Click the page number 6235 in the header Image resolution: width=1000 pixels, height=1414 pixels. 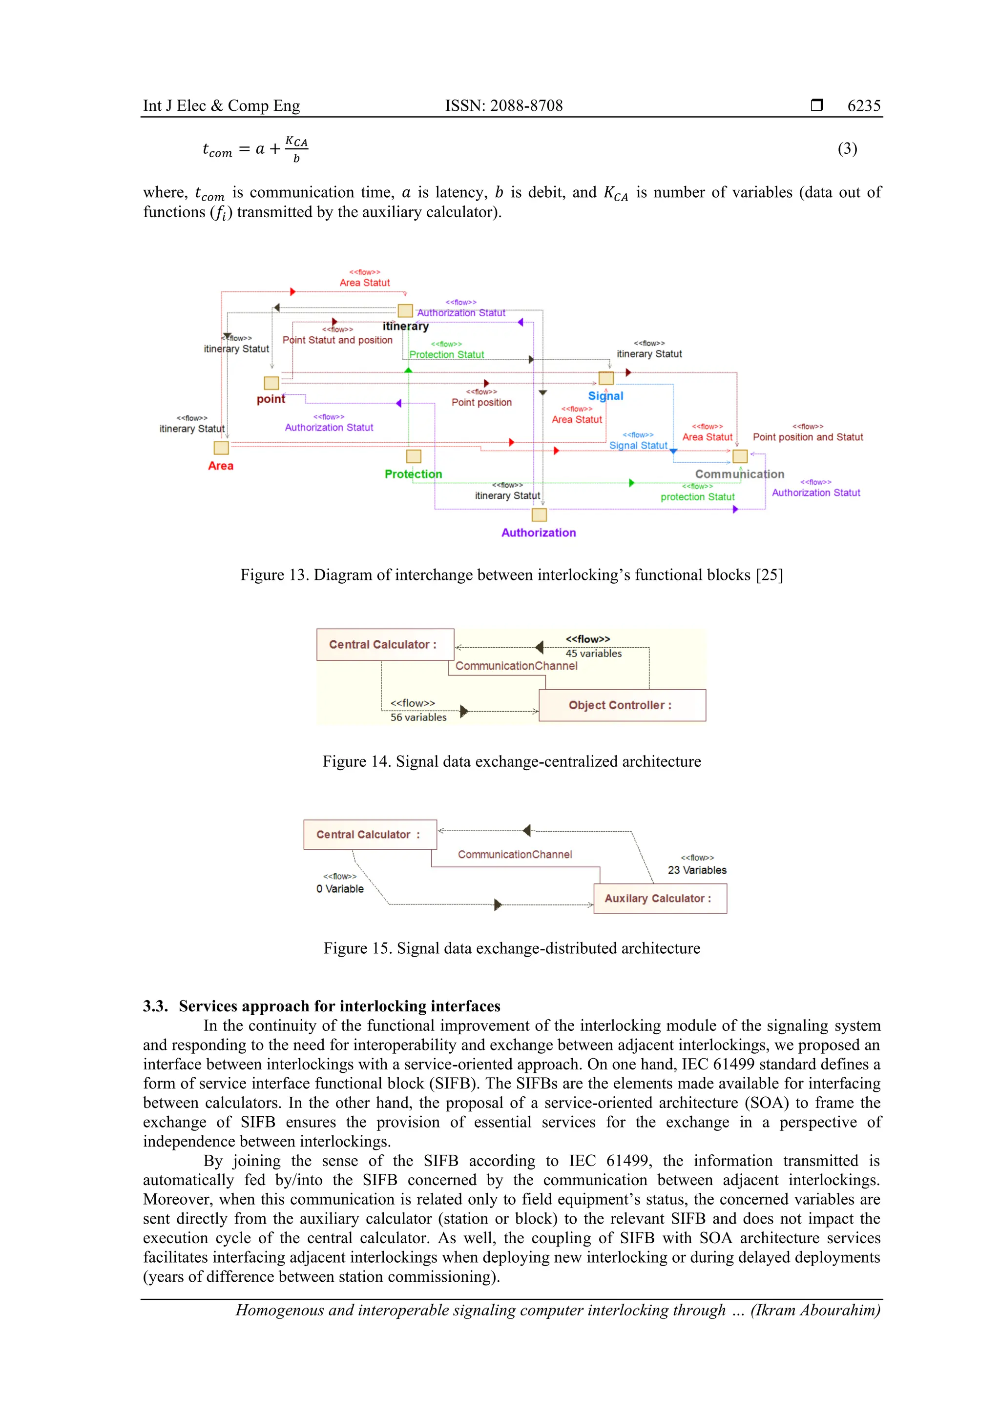[x=863, y=106]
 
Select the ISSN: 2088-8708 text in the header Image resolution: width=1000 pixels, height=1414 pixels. [x=503, y=106]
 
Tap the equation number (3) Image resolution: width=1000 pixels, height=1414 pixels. [x=847, y=148]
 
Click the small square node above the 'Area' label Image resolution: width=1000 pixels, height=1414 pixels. [x=221, y=448]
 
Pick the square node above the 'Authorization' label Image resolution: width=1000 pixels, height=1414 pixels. [x=539, y=515]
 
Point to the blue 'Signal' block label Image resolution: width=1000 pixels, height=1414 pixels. [x=605, y=396]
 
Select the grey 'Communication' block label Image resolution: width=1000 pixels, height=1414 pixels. [x=739, y=474]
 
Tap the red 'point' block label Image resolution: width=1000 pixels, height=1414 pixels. [x=271, y=399]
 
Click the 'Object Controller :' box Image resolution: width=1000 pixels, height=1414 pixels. [x=622, y=705]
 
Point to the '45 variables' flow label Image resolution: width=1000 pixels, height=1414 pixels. [x=593, y=654]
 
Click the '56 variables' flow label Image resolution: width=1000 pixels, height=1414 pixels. [x=418, y=717]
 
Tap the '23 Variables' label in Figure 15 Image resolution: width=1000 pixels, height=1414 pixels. [x=697, y=870]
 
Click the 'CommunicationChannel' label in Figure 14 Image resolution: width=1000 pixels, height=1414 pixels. [x=516, y=666]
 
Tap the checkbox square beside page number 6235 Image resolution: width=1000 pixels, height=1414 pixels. [x=816, y=105]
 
